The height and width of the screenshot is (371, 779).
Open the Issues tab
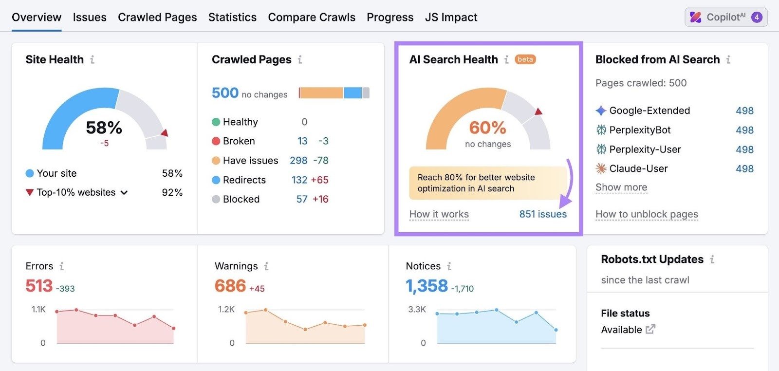pyautogui.click(x=90, y=17)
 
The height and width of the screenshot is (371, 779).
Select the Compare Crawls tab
pyautogui.click(x=312, y=17)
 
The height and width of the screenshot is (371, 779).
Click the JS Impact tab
pyautogui.click(x=451, y=17)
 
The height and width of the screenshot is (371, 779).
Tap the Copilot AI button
pyautogui.click(x=726, y=17)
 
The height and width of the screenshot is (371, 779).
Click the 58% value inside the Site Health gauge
pyautogui.click(x=104, y=128)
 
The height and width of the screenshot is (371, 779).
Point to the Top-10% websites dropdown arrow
pyautogui.click(x=124, y=193)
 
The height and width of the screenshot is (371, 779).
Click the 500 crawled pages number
pyautogui.click(x=225, y=93)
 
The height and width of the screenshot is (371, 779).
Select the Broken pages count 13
pyautogui.click(x=302, y=141)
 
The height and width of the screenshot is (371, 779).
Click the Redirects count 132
pyautogui.click(x=299, y=180)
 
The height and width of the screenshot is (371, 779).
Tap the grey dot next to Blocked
pyautogui.click(x=216, y=200)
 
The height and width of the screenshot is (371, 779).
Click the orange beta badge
pyautogui.click(x=525, y=59)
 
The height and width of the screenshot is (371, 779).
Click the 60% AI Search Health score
pyautogui.click(x=487, y=128)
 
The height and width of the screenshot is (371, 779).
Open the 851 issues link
pyautogui.click(x=543, y=214)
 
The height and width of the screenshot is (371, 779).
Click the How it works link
pyautogui.click(x=439, y=214)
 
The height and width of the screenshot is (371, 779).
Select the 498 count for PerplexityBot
pyautogui.click(x=744, y=130)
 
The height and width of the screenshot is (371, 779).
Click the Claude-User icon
pyautogui.click(x=601, y=169)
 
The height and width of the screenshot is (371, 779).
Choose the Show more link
pyautogui.click(x=621, y=187)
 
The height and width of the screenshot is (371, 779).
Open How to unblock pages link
pyautogui.click(x=647, y=214)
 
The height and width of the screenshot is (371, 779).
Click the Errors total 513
pyautogui.click(x=39, y=286)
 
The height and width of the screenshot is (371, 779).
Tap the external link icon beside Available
pyautogui.click(x=650, y=330)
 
